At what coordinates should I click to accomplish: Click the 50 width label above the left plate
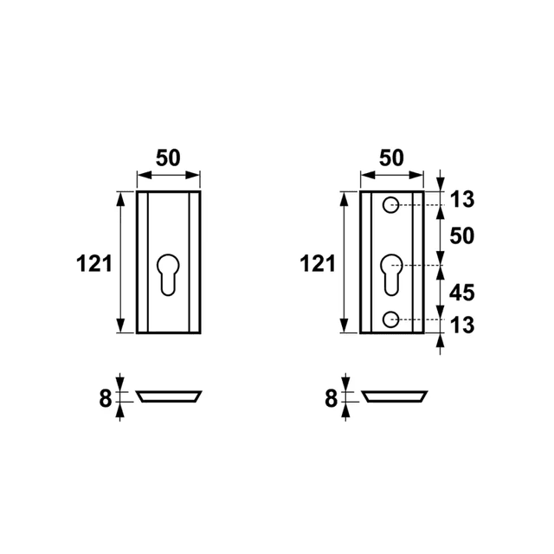point(168,158)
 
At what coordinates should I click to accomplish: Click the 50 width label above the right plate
point(391,158)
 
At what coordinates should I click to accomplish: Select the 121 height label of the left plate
point(94,263)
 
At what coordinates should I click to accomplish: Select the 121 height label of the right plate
point(318,263)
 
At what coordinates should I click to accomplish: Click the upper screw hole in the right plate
point(390,205)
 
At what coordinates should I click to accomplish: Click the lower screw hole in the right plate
point(390,319)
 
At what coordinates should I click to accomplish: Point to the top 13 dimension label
point(462,200)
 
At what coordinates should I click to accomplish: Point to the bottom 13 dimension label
point(462,325)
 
